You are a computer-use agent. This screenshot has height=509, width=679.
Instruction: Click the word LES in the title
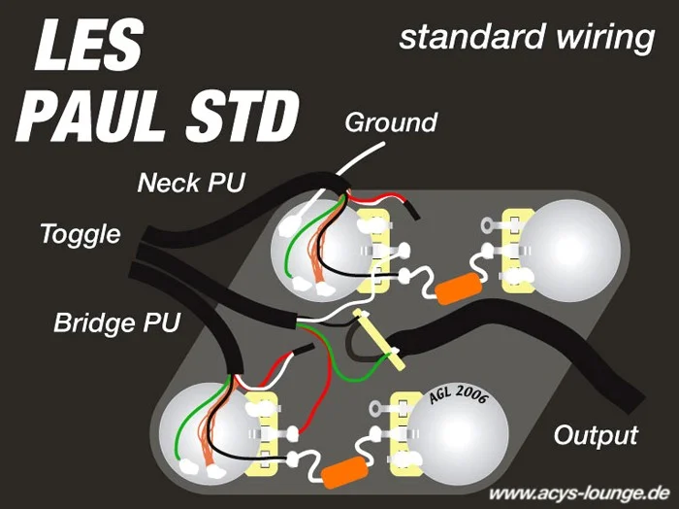pos(88,46)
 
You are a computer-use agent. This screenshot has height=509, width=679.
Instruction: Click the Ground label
pos(391,122)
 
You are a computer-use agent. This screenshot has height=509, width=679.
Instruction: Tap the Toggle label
pos(80,234)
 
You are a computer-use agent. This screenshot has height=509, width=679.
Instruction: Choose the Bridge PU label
pos(116,322)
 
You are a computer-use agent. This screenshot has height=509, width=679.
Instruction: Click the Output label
pos(596,433)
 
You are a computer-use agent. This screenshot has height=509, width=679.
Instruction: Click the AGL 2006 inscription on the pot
pos(458,395)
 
